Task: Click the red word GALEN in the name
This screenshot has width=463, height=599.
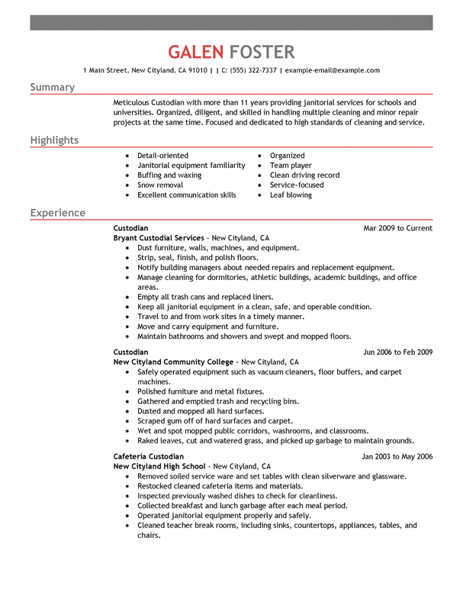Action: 196,52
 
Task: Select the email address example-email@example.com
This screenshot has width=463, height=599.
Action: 333,70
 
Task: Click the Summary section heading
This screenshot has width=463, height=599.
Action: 52,88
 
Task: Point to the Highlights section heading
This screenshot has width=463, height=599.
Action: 54,140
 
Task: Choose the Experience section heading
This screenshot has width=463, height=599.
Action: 57,213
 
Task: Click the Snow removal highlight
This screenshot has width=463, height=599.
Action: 160,185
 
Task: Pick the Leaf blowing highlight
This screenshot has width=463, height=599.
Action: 291,195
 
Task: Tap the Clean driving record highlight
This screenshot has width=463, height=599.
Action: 304,176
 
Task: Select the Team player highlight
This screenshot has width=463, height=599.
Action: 291,166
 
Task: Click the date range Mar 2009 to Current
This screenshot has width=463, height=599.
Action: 397,228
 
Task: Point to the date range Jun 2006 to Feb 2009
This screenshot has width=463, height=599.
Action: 397,352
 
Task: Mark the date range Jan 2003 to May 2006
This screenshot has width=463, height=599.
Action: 397,456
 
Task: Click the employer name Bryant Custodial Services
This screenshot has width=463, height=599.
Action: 159,238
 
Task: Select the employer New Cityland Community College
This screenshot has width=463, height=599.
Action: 173,362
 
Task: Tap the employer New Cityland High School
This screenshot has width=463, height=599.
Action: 159,466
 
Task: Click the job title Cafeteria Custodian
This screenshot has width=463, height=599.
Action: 148,456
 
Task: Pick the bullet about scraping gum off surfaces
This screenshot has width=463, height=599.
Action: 214,420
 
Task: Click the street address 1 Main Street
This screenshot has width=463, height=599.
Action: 106,70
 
